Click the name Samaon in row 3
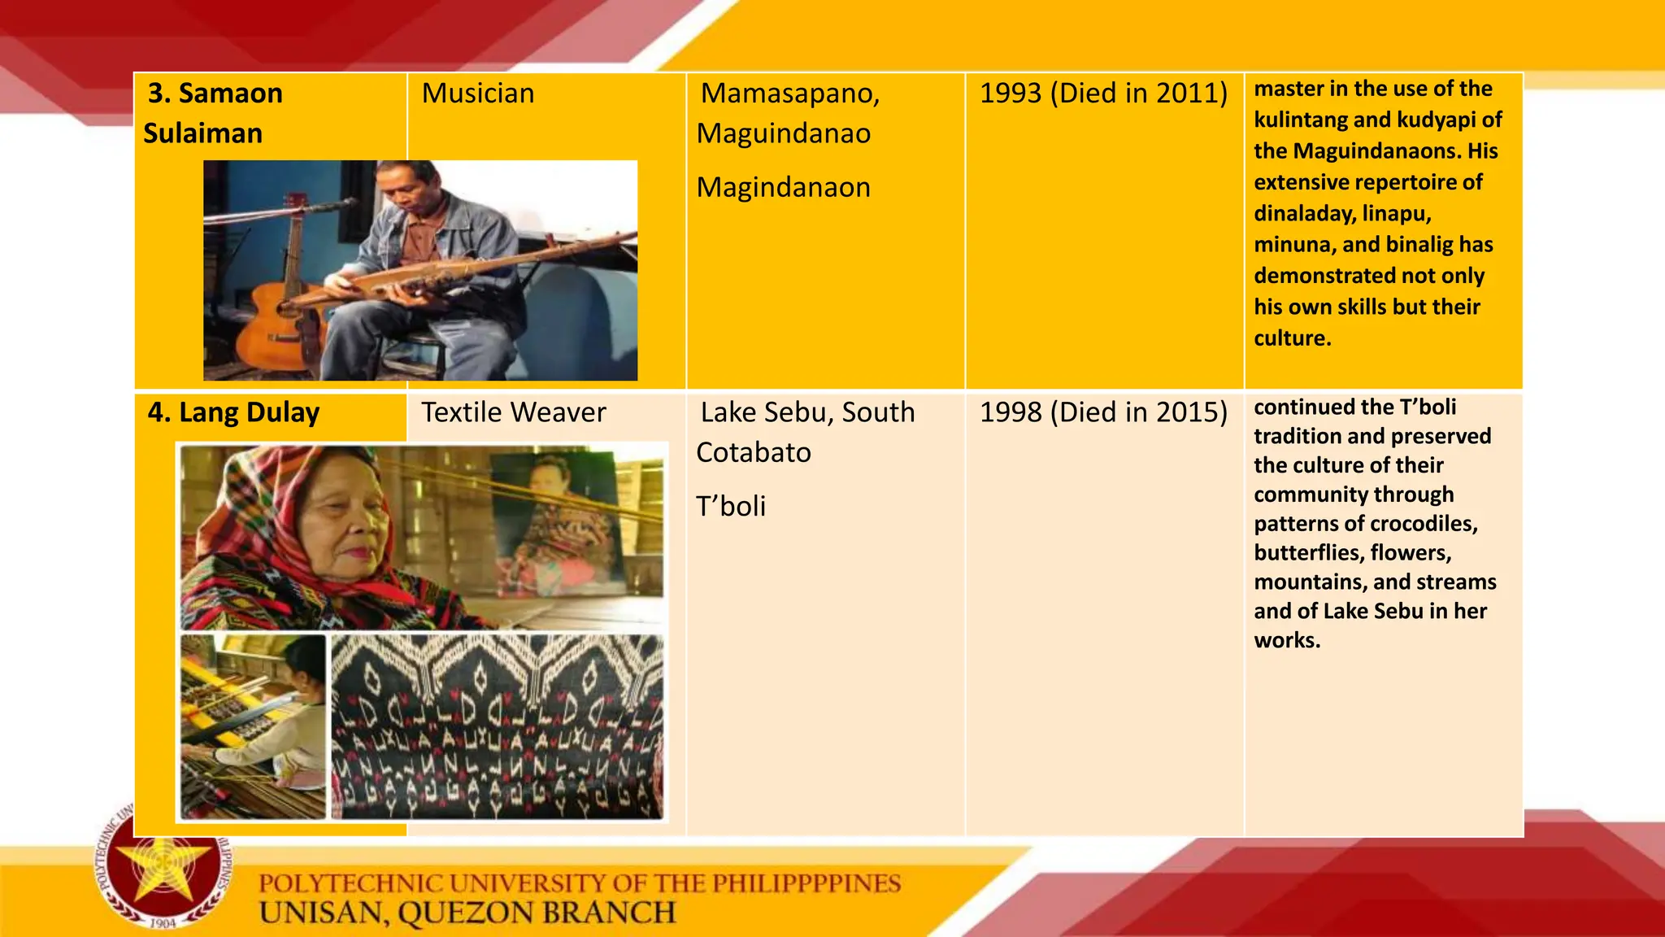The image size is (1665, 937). (x=230, y=94)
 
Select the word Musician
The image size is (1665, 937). (x=478, y=94)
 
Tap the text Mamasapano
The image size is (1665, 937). (x=789, y=94)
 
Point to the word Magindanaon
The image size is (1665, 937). (x=783, y=188)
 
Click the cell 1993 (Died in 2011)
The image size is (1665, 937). (x=1103, y=94)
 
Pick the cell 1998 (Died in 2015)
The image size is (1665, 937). (x=1103, y=412)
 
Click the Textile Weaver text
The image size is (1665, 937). (x=513, y=412)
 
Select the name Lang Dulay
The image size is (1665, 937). (x=249, y=412)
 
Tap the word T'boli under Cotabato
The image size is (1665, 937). (x=731, y=507)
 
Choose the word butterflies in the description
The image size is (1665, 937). (x=1308, y=553)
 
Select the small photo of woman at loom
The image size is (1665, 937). (x=253, y=726)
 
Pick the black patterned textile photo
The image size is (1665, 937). (x=497, y=726)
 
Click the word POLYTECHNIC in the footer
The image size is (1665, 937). (x=350, y=883)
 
